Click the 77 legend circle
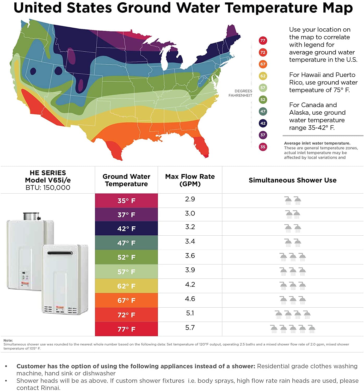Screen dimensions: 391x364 263,40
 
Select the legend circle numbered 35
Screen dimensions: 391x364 263,147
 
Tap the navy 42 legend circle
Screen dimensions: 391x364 263,123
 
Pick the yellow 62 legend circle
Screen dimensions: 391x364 263,76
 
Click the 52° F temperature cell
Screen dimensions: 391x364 126,257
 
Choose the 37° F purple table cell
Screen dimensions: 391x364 126,215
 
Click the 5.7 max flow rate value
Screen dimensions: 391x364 190,328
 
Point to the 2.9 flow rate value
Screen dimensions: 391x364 190,199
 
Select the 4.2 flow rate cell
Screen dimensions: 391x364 190,284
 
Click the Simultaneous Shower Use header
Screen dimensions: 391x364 292,180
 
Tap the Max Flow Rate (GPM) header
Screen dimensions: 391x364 190,180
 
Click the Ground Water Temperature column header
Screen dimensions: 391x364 126,180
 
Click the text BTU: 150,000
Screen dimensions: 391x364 48,188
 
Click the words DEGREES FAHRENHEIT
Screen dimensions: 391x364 240,93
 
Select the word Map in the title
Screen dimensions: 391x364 337,8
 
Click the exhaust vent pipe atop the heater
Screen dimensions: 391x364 31,216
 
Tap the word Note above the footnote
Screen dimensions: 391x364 8,340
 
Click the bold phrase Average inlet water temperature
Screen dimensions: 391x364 317,143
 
